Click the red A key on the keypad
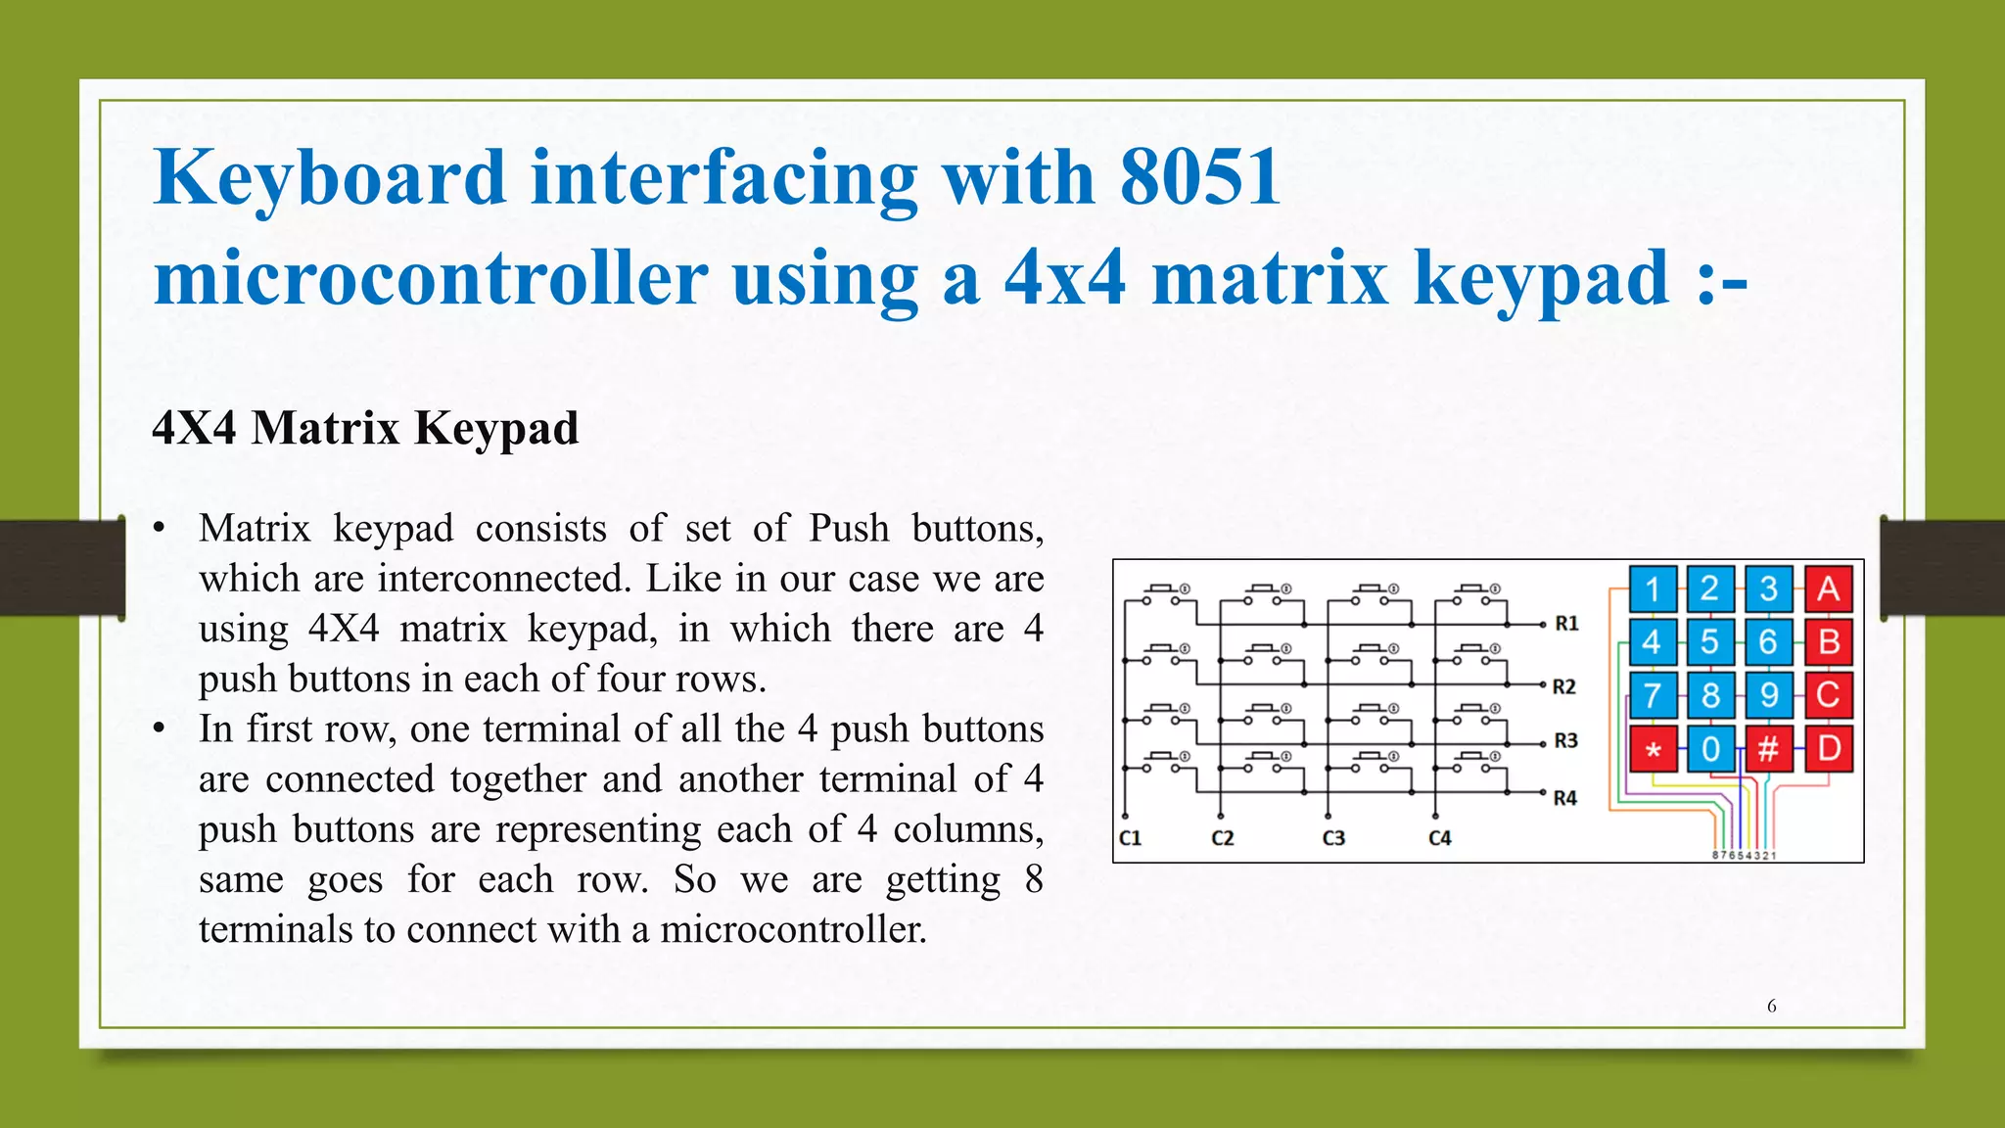click(x=1828, y=589)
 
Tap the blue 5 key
click(x=1710, y=642)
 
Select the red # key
click(x=1768, y=749)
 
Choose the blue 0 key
click(x=1710, y=749)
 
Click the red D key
click(x=1828, y=749)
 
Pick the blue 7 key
click(x=1653, y=695)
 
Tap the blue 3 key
click(x=1768, y=589)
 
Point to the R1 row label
click(x=1566, y=624)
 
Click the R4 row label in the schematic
click(x=1564, y=798)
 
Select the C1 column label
click(x=1130, y=838)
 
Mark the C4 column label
click(x=1439, y=838)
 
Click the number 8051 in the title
click(x=1200, y=177)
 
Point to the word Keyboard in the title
click(x=330, y=177)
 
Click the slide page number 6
click(x=1771, y=1006)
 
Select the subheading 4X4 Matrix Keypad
click(x=366, y=428)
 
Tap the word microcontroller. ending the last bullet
click(x=793, y=929)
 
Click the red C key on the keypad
click(x=1828, y=695)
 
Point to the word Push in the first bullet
click(x=849, y=529)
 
